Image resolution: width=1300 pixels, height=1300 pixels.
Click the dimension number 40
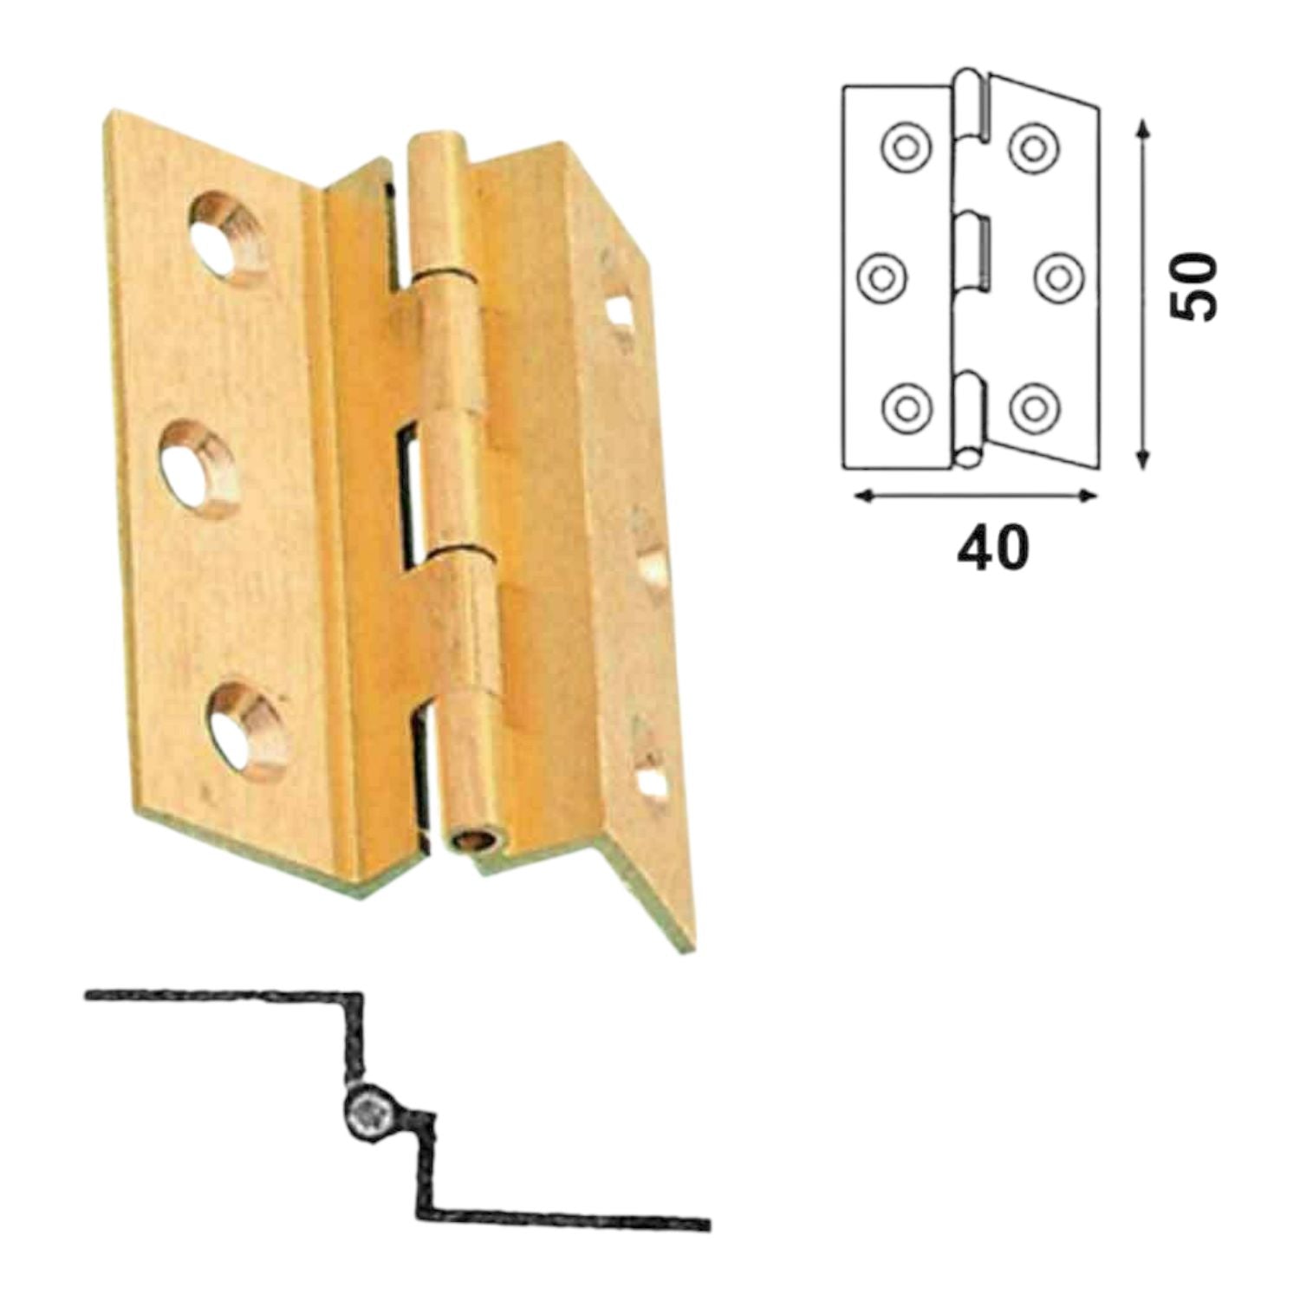click(x=992, y=548)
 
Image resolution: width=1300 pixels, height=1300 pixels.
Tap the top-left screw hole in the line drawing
click(x=905, y=147)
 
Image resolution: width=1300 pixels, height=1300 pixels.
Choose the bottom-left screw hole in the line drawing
click(x=905, y=406)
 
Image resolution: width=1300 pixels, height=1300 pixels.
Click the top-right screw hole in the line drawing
click(x=1032, y=146)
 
